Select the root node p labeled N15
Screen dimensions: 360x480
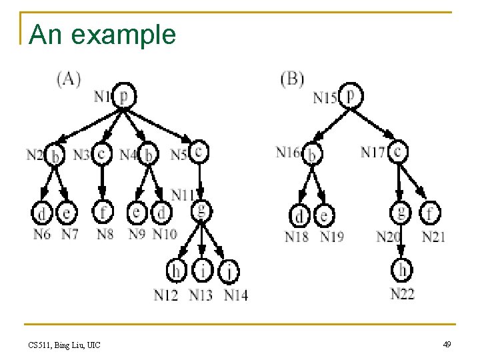click(x=350, y=96)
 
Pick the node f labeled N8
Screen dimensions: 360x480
click(x=103, y=213)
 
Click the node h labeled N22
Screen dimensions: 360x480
click(x=402, y=271)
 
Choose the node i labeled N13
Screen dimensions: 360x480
click(x=201, y=271)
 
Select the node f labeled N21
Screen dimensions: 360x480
click(x=431, y=213)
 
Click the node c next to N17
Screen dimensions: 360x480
click(x=398, y=152)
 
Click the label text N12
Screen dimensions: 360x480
click(x=166, y=295)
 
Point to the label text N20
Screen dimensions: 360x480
click(x=388, y=237)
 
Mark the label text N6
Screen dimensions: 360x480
click(x=42, y=234)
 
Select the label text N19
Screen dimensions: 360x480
click(x=332, y=237)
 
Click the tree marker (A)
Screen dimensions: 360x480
click(x=69, y=79)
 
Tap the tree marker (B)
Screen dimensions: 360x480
click(x=292, y=79)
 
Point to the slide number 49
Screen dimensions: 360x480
click(x=447, y=344)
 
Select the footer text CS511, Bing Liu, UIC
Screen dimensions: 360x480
click(x=65, y=345)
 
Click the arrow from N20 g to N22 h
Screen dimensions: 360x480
click(x=400, y=243)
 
